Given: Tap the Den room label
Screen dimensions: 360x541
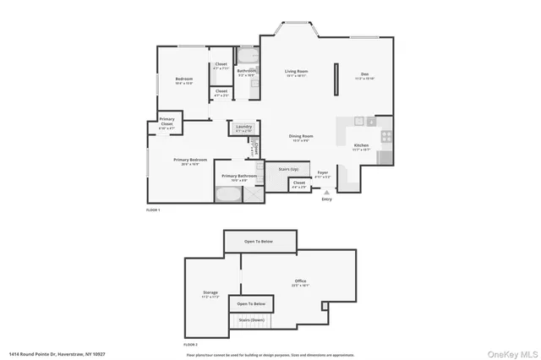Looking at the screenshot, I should point(365,74).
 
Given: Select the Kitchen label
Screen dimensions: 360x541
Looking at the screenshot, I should point(361,145).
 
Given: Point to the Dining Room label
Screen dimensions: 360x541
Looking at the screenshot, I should point(302,135).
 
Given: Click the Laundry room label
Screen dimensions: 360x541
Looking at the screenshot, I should point(243,128).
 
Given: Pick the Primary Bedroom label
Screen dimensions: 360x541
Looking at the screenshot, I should point(191,160).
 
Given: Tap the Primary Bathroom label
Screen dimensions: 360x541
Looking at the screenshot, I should point(234,176).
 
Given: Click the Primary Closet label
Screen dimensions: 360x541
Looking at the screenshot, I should point(167,121).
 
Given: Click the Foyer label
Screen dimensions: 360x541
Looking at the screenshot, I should point(323,172).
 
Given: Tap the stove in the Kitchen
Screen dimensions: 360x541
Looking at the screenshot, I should point(385,136).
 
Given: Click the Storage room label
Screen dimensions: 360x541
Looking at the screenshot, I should point(210,292).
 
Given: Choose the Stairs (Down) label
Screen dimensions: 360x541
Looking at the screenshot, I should point(252,320).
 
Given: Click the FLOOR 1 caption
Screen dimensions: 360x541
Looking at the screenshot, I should point(153,209).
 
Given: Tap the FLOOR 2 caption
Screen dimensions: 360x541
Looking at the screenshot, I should point(191,345).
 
